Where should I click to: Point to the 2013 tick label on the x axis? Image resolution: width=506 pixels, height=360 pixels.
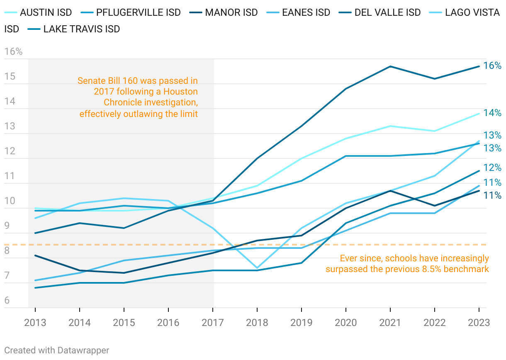click(35, 323)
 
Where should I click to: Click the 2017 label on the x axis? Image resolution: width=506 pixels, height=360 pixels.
click(213, 323)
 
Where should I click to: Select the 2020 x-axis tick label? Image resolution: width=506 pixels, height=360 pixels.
click(346, 323)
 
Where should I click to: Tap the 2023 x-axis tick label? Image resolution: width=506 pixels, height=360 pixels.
click(479, 323)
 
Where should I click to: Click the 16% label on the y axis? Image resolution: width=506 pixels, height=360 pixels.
click(13, 52)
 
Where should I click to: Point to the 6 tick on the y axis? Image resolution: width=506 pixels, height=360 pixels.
click(7, 301)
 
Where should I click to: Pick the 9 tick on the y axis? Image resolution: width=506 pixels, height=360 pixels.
click(7, 226)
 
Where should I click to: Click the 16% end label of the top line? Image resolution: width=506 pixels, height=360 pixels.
click(493, 66)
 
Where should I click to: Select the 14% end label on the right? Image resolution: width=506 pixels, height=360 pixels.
click(493, 113)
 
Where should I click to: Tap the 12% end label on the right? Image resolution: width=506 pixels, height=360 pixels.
click(493, 168)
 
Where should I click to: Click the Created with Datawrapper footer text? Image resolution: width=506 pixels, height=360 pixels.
click(57, 350)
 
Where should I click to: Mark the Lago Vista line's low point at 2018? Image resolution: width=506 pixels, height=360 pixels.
click(257, 268)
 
